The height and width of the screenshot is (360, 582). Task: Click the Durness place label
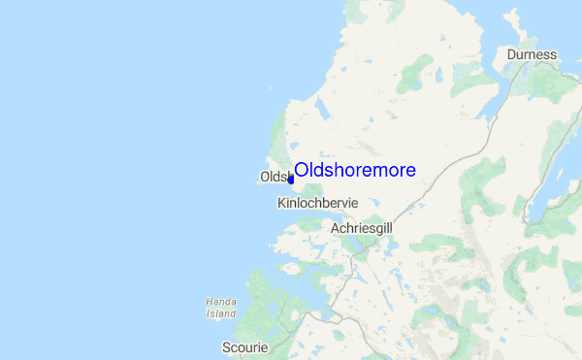tap(532, 54)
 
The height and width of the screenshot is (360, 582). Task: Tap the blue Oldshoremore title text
tap(355, 170)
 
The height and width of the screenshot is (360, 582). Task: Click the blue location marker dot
tap(290, 180)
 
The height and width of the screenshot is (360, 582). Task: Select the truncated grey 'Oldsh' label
tap(274, 178)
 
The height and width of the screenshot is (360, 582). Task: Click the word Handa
tap(221, 303)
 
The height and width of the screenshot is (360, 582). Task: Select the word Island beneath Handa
tap(221, 313)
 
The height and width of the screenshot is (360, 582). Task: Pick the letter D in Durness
tap(511, 54)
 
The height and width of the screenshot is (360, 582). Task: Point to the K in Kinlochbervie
tap(281, 204)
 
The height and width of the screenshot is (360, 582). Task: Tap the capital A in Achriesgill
tap(336, 227)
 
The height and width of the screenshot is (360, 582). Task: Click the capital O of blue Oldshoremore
tap(302, 170)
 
